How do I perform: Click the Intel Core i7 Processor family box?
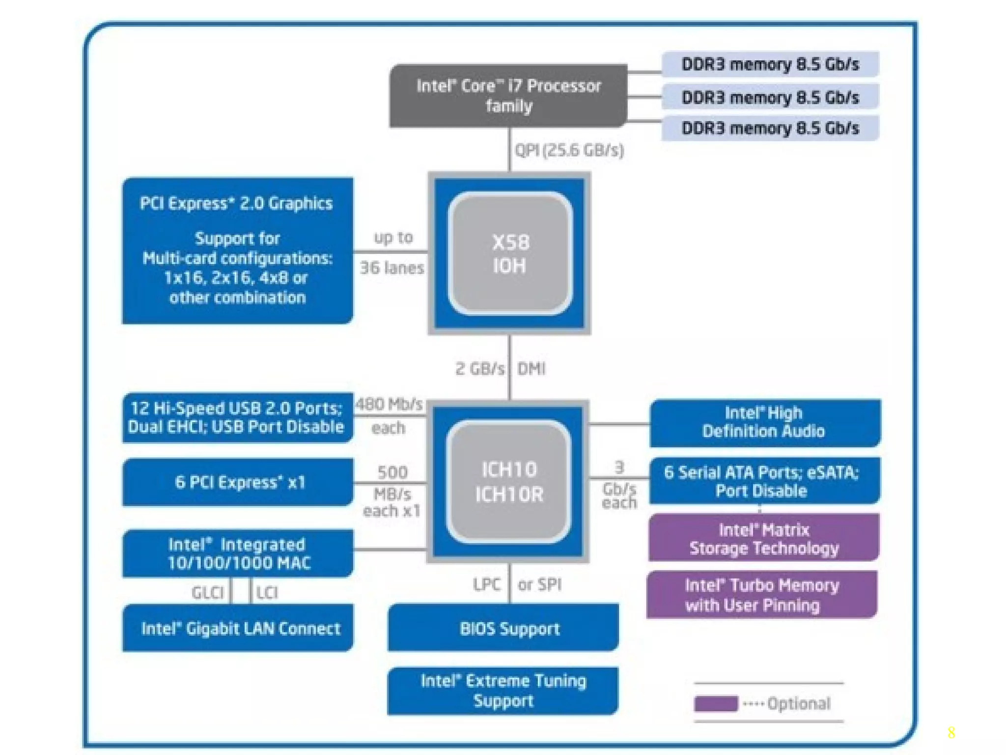508,96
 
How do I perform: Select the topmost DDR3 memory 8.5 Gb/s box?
770,64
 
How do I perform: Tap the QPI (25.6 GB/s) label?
569,150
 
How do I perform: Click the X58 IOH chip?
510,254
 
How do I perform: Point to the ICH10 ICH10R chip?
509,482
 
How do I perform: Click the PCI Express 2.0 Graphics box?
237,251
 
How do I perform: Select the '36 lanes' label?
391,268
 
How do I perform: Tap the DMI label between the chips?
531,369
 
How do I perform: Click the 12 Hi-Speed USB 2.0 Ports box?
237,418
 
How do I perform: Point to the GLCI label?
207,593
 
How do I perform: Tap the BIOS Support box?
503,628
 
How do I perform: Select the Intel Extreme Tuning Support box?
503,691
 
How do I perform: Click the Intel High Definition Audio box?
764,423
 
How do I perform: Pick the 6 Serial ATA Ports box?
764,481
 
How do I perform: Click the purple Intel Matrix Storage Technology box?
763,538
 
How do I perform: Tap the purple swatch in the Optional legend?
715,704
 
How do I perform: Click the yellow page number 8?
951,733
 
